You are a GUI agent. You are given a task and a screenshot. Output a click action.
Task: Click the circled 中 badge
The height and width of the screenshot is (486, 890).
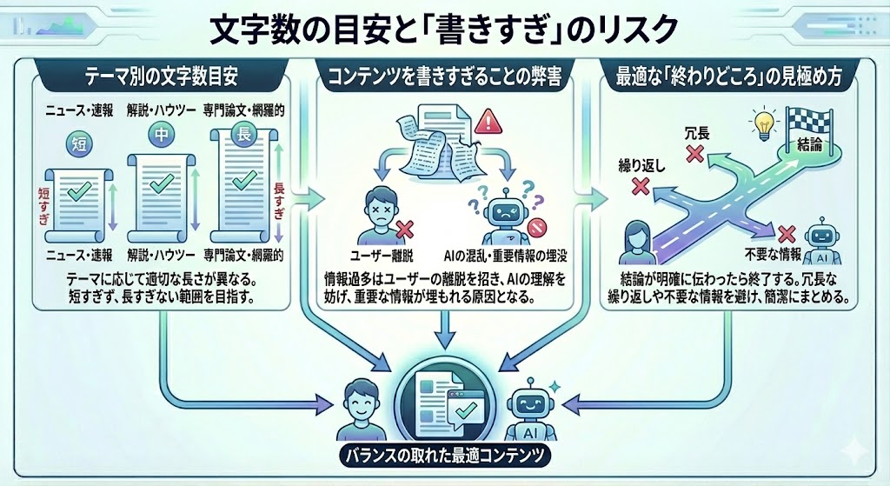(x=159, y=134)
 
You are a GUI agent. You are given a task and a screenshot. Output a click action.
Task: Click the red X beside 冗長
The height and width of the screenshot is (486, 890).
(x=694, y=154)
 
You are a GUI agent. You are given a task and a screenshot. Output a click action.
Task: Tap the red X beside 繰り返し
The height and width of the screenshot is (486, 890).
(x=640, y=186)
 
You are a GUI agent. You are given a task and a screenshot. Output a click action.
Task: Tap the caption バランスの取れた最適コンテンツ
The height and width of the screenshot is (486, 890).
(x=446, y=456)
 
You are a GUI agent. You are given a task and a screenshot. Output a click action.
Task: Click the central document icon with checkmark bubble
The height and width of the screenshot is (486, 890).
(x=445, y=399)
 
